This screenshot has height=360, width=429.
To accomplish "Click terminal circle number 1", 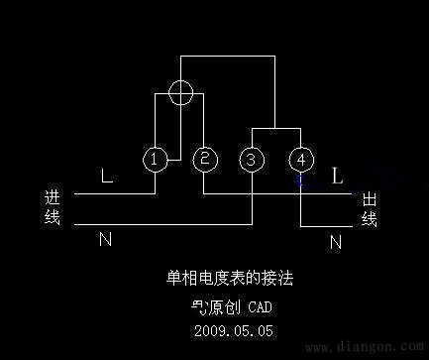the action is click(x=154, y=159).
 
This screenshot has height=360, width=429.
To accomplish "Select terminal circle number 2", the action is click(x=204, y=159).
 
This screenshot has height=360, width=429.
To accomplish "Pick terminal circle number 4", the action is click(x=300, y=159).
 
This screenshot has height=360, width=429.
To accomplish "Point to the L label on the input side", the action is click(x=107, y=179).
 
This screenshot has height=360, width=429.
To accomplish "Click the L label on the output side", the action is click(x=337, y=178).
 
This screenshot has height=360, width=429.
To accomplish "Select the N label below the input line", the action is click(x=104, y=240).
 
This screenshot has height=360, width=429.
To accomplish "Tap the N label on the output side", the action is click(x=335, y=241).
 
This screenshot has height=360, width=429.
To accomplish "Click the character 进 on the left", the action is click(x=54, y=196).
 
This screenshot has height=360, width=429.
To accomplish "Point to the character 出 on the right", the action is click(x=369, y=200).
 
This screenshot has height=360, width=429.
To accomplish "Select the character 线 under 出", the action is click(x=369, y=219).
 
